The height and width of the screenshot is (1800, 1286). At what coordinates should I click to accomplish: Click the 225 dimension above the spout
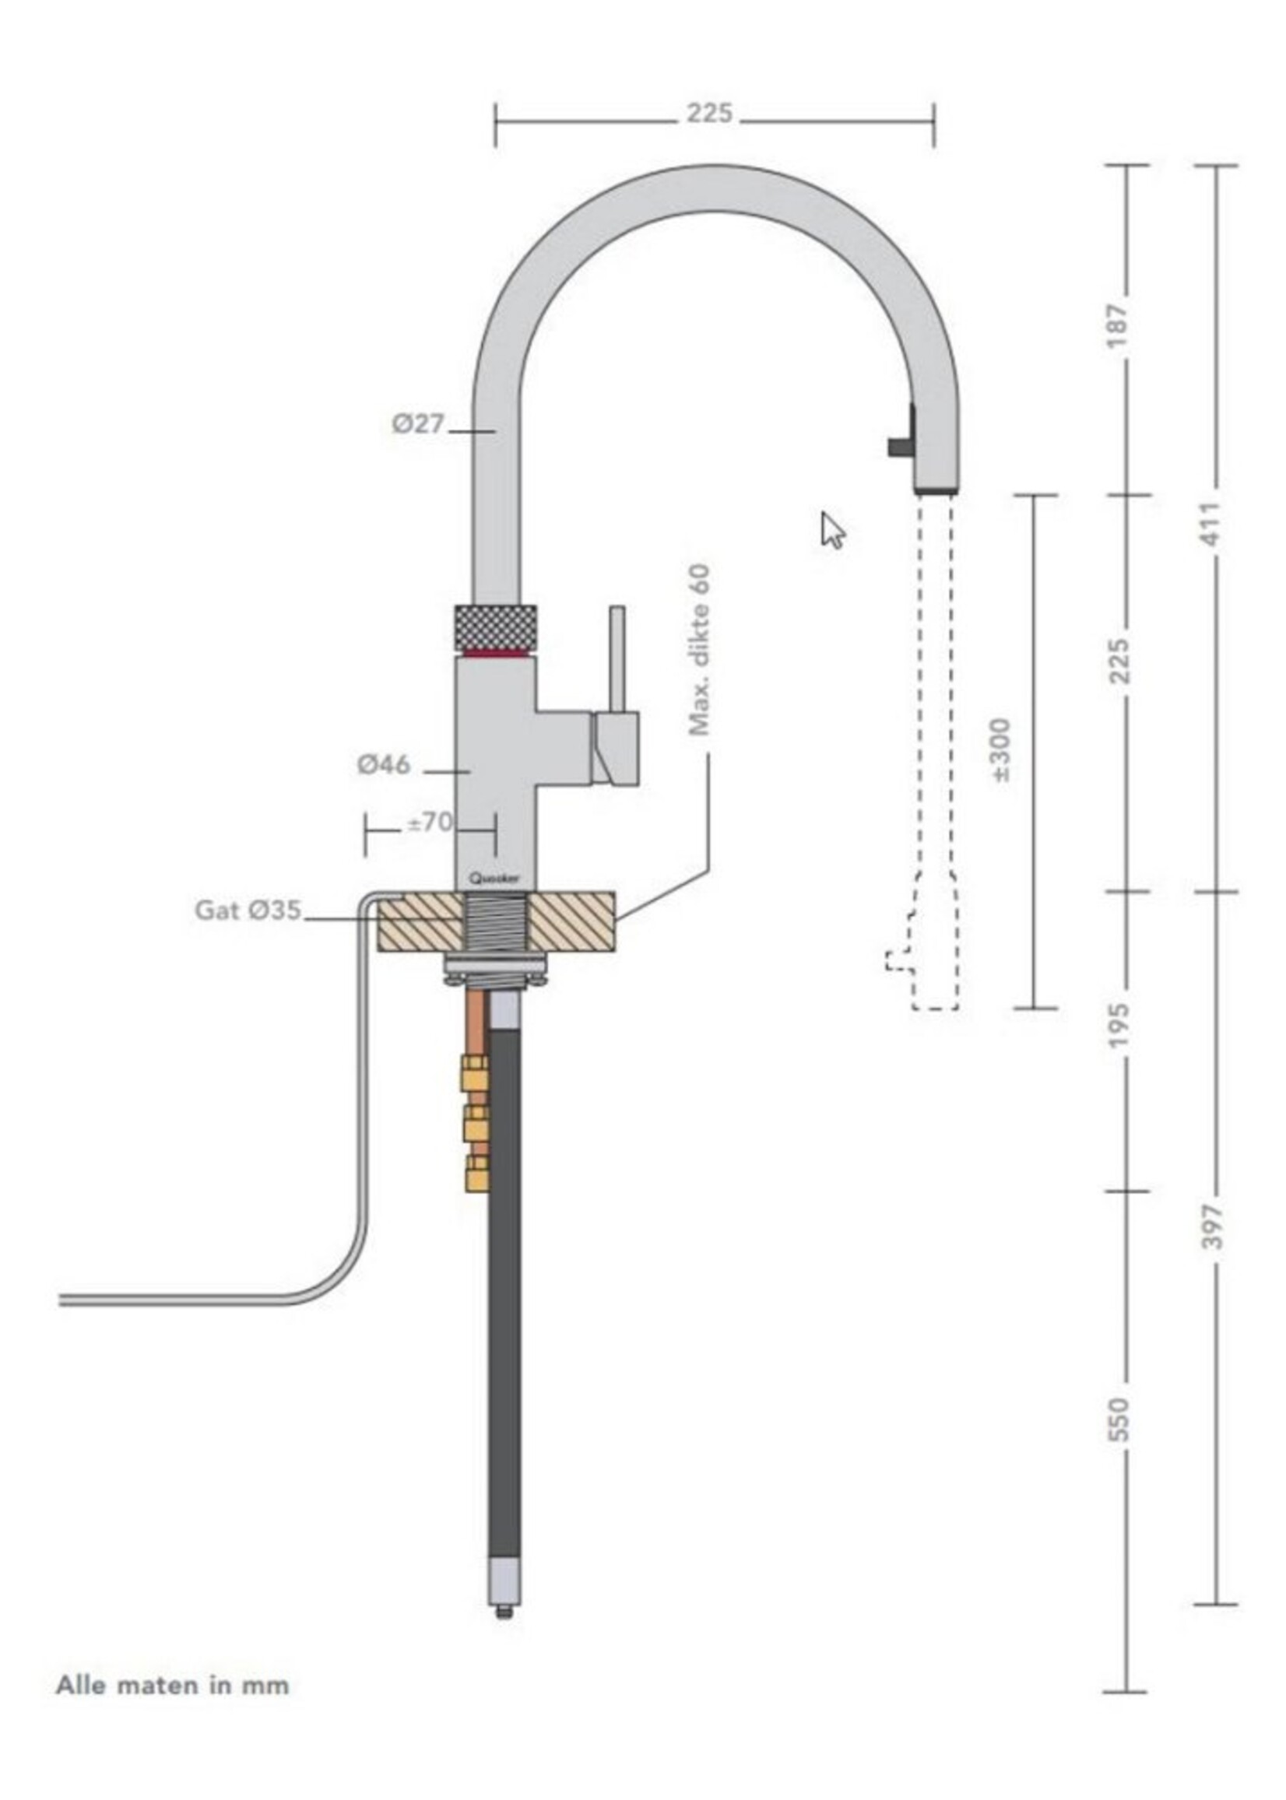[x=708, y=114]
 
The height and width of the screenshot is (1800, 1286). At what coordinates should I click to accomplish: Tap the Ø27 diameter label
[x=418, y=424]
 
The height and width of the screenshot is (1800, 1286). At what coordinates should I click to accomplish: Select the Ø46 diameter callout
[x=384, y=765]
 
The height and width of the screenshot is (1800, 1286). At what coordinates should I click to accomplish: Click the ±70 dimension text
[x=430, y=823]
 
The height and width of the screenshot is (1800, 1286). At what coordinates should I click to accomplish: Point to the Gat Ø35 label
[x=248, y=911]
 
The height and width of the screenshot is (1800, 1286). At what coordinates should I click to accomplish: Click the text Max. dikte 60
[x=698, y=650]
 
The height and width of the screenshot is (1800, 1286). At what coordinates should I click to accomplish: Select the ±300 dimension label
[x=1001, y=750]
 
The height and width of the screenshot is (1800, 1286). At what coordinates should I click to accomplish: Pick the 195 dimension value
[x=1119, y=1025]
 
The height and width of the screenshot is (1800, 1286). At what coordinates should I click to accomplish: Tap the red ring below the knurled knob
[x=496, y=654]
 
